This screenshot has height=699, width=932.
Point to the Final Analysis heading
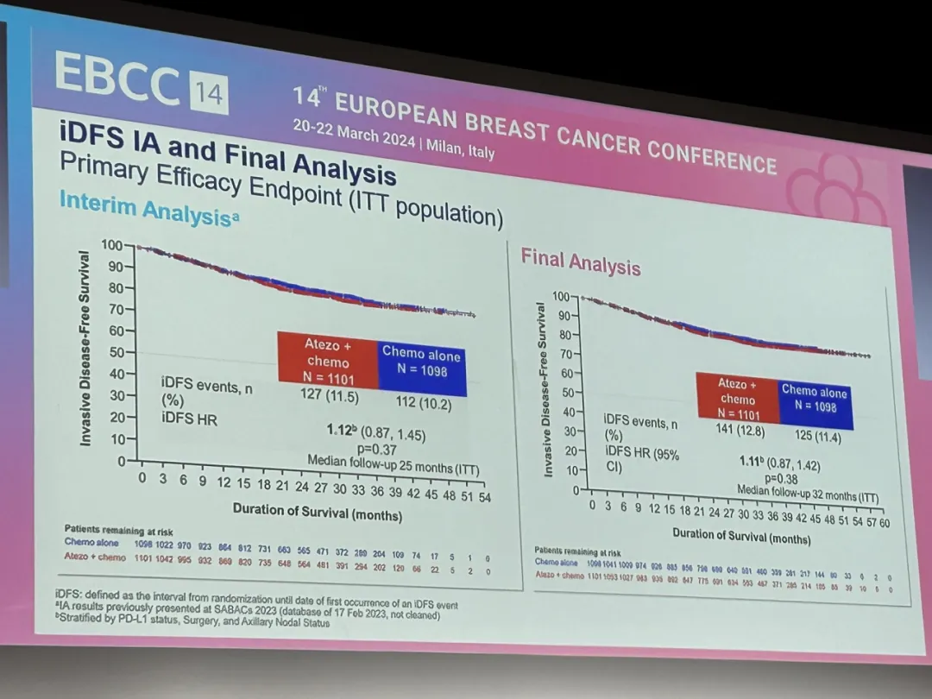(x=580, y=261)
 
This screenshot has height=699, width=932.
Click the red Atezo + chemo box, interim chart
(x=328, y=361)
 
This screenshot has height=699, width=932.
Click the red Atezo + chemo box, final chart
(x=738, y=399)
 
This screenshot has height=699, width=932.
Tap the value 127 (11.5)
(x=329, y=398)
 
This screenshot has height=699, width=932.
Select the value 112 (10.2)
(x=423, y=402)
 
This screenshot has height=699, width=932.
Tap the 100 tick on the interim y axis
(x=112, y=246)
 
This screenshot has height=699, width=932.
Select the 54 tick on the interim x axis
(x=484, y=497)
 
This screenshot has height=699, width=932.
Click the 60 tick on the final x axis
(x=884, y=523)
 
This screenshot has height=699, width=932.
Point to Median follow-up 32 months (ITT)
(x=807, y=494)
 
